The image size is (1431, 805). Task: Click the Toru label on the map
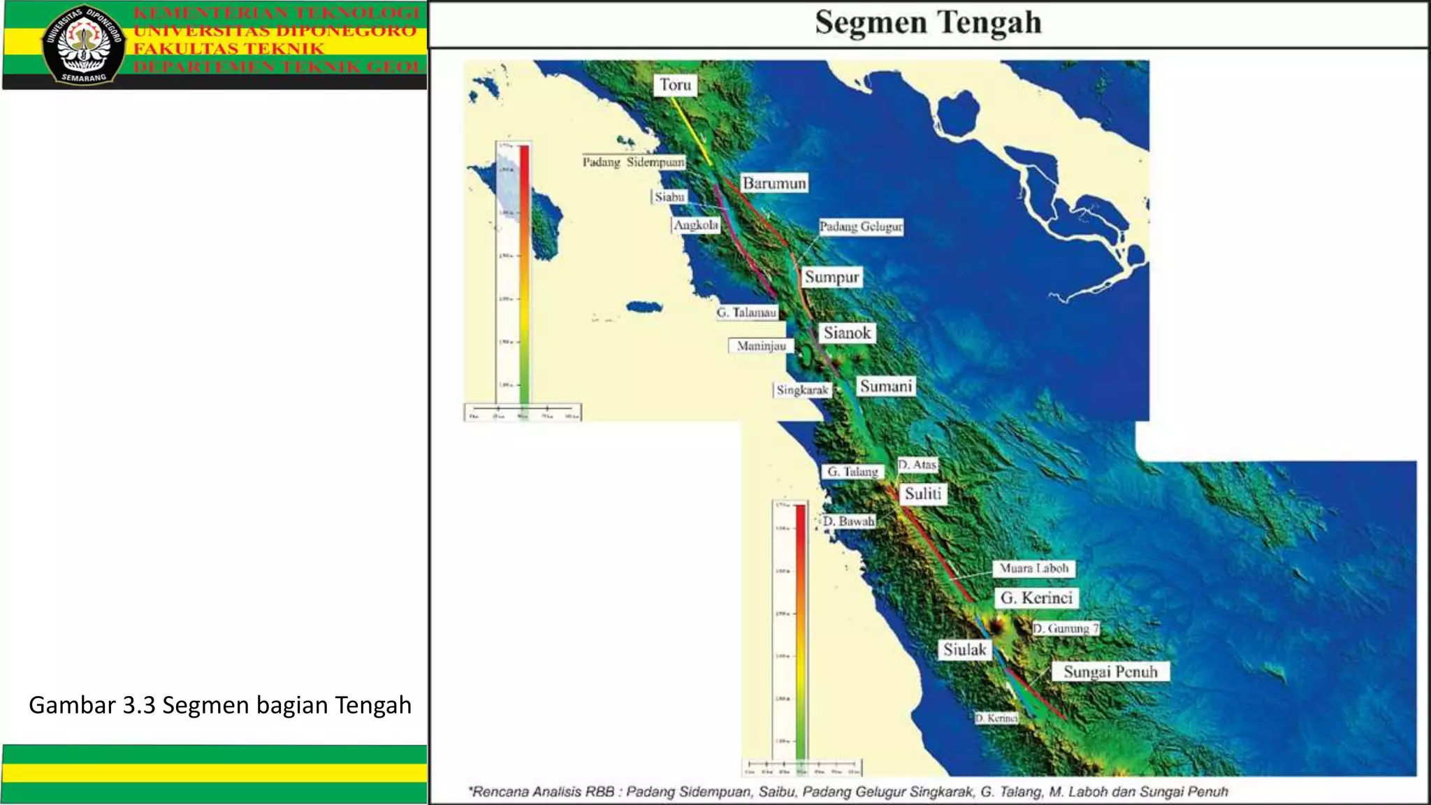(675, 85)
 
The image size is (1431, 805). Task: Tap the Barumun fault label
(773, 183)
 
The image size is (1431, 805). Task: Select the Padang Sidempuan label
(633, 162)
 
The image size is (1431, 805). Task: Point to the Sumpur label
(831, 277)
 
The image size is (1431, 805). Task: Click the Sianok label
(847, 333)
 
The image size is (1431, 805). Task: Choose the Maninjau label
(761, 346)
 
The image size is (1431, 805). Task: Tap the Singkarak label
(802, 390)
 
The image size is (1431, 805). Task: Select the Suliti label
(923, 493)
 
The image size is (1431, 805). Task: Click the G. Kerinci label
(1036, 597)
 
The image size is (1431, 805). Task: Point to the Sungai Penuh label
(1110, 672)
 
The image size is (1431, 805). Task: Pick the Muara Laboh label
(1033, 568)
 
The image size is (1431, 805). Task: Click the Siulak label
(964, 649)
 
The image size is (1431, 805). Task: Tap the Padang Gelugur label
(861, 226)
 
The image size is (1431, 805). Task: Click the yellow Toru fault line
(692, 130)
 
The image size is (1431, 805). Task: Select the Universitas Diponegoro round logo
(83, 45)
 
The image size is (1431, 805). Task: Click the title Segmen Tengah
(928, 22)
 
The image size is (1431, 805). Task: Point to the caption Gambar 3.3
(219, 704)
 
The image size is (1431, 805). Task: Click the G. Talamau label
(746, 312)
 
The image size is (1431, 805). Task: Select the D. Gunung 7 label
(1066, 628)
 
